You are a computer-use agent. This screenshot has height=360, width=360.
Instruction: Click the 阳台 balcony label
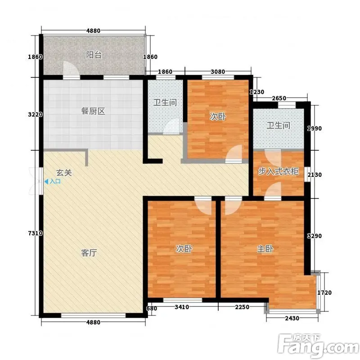[x=94, y=55]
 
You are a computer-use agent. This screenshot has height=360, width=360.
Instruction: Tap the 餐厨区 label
[x=93, y=111]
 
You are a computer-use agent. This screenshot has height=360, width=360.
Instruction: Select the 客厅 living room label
[x=89, y=253]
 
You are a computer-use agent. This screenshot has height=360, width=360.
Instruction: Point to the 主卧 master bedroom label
[x=265, y=249]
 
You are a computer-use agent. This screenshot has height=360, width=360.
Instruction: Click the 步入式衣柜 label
[x=279, y=171]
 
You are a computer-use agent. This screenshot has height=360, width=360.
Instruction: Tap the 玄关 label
[x=64, y=173]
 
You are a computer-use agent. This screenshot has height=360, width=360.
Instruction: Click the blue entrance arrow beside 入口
[x=46, y=182]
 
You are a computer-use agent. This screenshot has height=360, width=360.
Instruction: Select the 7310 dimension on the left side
[x=36, y=233]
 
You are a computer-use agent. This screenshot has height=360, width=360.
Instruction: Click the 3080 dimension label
[x=218, y=72]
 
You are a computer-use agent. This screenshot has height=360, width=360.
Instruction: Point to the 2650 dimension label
[x=279, y=98]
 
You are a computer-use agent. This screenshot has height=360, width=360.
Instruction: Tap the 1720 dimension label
[x=324, y=292]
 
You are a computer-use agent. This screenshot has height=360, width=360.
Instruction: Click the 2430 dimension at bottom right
[x=292, y=318]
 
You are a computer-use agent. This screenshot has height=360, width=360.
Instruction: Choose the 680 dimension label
[x=152, y=308]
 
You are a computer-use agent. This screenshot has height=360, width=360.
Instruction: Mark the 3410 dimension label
[x=182, y=307]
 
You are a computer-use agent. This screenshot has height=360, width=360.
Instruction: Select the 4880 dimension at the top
[x=93, y=31]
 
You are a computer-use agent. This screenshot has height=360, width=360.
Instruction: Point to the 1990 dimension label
[x=315, y=128]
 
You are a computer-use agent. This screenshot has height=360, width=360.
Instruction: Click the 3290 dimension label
[x=315, y=236]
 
